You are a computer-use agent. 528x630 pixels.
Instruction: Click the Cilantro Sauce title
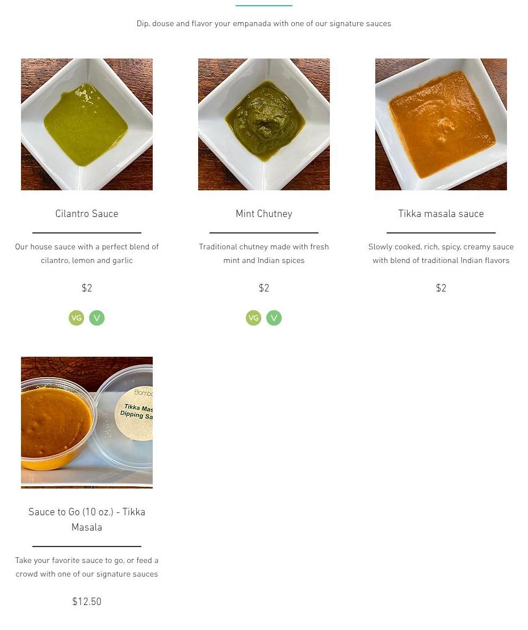click(x=87, y=214)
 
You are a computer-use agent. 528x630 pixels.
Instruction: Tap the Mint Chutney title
click(x=264, y=214)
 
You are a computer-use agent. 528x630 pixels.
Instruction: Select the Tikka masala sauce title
click(x=441, y=214)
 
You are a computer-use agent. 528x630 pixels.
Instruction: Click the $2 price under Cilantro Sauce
click(x=87, y=288)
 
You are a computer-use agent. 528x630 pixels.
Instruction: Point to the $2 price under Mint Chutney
click(x=264, y=288)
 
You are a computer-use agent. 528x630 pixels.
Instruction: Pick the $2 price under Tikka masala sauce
click(x=441, y=288)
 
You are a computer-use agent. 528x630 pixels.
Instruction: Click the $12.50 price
click(x=87, y=602)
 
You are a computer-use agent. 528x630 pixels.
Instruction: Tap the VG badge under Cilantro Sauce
click(x=76, y=318)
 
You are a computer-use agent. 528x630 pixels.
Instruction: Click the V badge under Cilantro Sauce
click(x=97, y=318)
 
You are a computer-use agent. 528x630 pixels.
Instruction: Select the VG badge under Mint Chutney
click(x=253, y=318)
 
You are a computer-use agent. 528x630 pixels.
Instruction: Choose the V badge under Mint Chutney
click(x=274, y=318)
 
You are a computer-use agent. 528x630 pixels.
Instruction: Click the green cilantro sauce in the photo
click(x=86, y=124)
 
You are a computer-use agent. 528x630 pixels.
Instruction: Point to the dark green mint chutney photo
click(x=264, y=120)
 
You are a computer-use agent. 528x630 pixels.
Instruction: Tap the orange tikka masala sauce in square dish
click(x=442, y=124)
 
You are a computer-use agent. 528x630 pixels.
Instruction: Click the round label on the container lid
click(x=135, y=414)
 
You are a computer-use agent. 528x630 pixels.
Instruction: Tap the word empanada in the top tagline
click(x=252, y=24)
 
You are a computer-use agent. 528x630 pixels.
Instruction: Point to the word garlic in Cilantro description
click(x=123, y=260)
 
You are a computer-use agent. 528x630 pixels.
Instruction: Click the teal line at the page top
click(x=264, y=6)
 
